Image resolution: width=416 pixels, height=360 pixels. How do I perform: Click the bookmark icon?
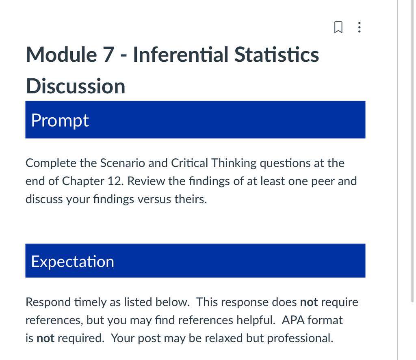[x=338, y=27]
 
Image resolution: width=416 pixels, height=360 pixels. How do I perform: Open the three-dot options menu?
[x=360, y=27]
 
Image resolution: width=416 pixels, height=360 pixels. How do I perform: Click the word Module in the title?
[x=61, y=55]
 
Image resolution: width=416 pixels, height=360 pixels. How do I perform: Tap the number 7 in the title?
[x=108, y=55]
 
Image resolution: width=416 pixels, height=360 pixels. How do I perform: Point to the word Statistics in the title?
[x=276, y=55]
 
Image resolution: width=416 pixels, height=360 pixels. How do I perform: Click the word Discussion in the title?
[x=76, y=86]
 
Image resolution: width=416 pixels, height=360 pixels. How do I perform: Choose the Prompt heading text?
[x=60, y=121]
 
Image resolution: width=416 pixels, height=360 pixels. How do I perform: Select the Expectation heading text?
[x=72, y=262]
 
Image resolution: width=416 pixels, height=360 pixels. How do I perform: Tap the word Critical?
[x=189, y=163]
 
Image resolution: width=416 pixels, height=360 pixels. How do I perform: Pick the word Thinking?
[x=234, y=164]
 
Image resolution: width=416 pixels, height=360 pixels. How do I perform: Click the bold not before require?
[x=309, y=302]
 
